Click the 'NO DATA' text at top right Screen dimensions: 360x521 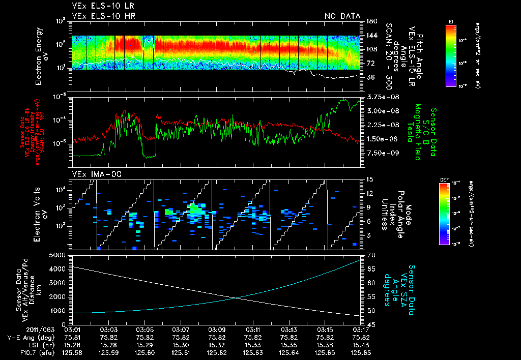coord(342,16)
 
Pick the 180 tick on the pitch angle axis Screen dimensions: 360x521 coord(371,21)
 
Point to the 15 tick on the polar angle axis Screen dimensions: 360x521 coord(369,179)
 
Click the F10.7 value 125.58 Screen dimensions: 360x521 coord(72,351)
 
